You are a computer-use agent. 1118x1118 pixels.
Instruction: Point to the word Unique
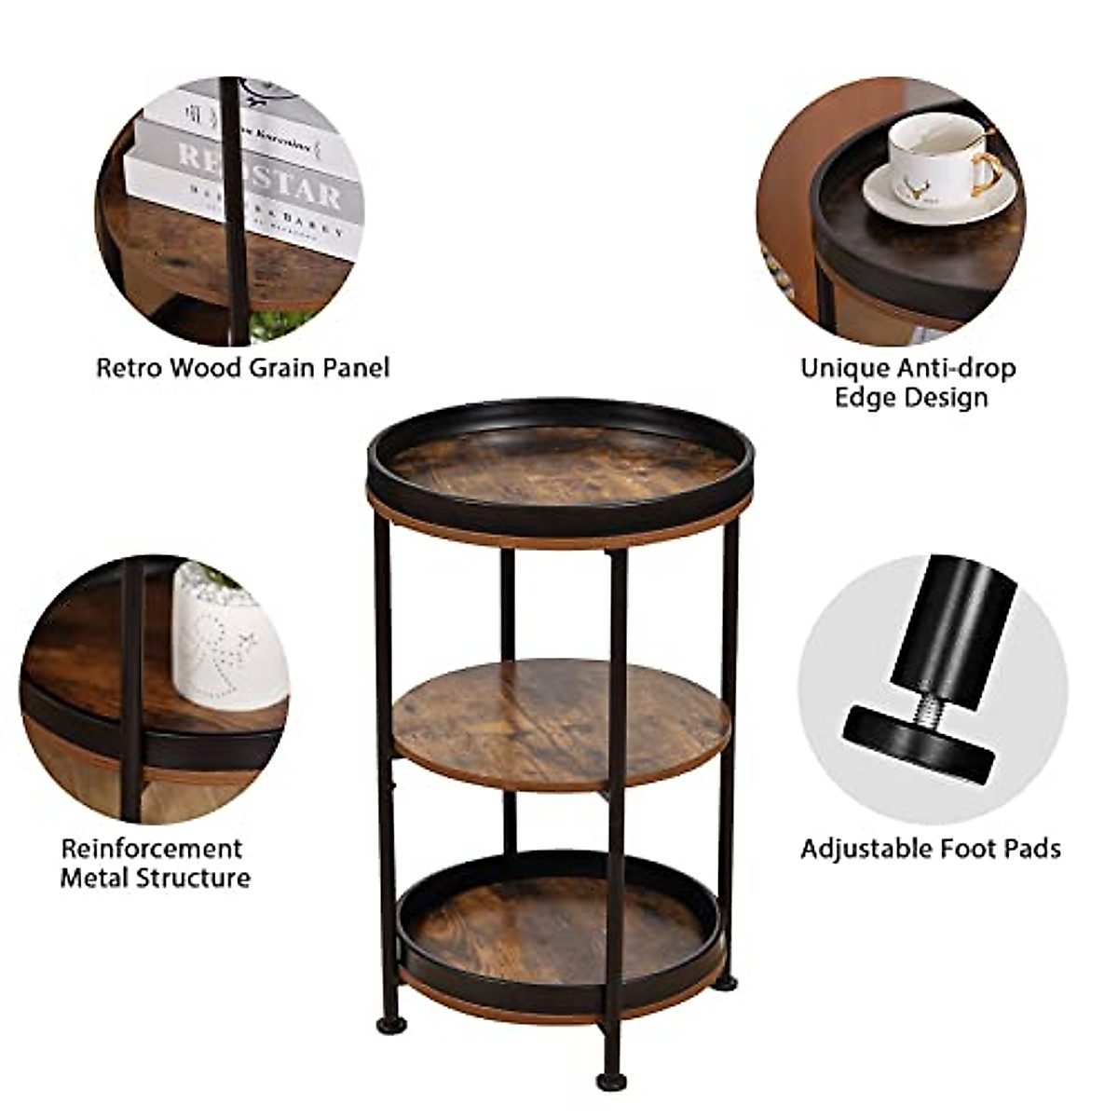pos(845,369)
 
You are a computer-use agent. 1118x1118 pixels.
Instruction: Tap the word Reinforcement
pos(152,849)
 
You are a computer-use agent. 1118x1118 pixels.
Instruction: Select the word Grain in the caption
pos(279,368)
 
